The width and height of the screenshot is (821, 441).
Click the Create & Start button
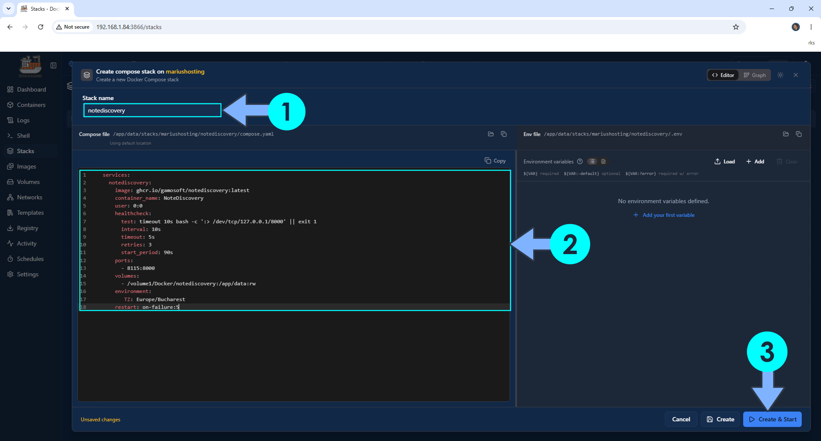coord(772,419)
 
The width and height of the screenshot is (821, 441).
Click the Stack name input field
coord(152,110)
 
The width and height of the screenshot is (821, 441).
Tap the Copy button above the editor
coord(495,161)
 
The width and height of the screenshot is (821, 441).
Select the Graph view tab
coord(755,75)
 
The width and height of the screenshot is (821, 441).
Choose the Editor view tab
coord(723,75)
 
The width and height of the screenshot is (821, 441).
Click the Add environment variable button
coord(755,162)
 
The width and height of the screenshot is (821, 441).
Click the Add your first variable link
coord(664,215)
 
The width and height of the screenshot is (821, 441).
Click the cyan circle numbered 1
coord(286,112)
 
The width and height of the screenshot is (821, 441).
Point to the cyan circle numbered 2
coord(570,244)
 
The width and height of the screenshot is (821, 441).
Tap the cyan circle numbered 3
coord(767,352)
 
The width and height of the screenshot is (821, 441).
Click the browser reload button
coord(41,27)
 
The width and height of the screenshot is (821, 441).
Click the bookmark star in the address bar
coord(736,27)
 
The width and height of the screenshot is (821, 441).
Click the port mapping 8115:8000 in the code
coord(141,268)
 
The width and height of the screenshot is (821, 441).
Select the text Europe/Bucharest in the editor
coord(161,299)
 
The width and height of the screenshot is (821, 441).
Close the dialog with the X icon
coord(796,75)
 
